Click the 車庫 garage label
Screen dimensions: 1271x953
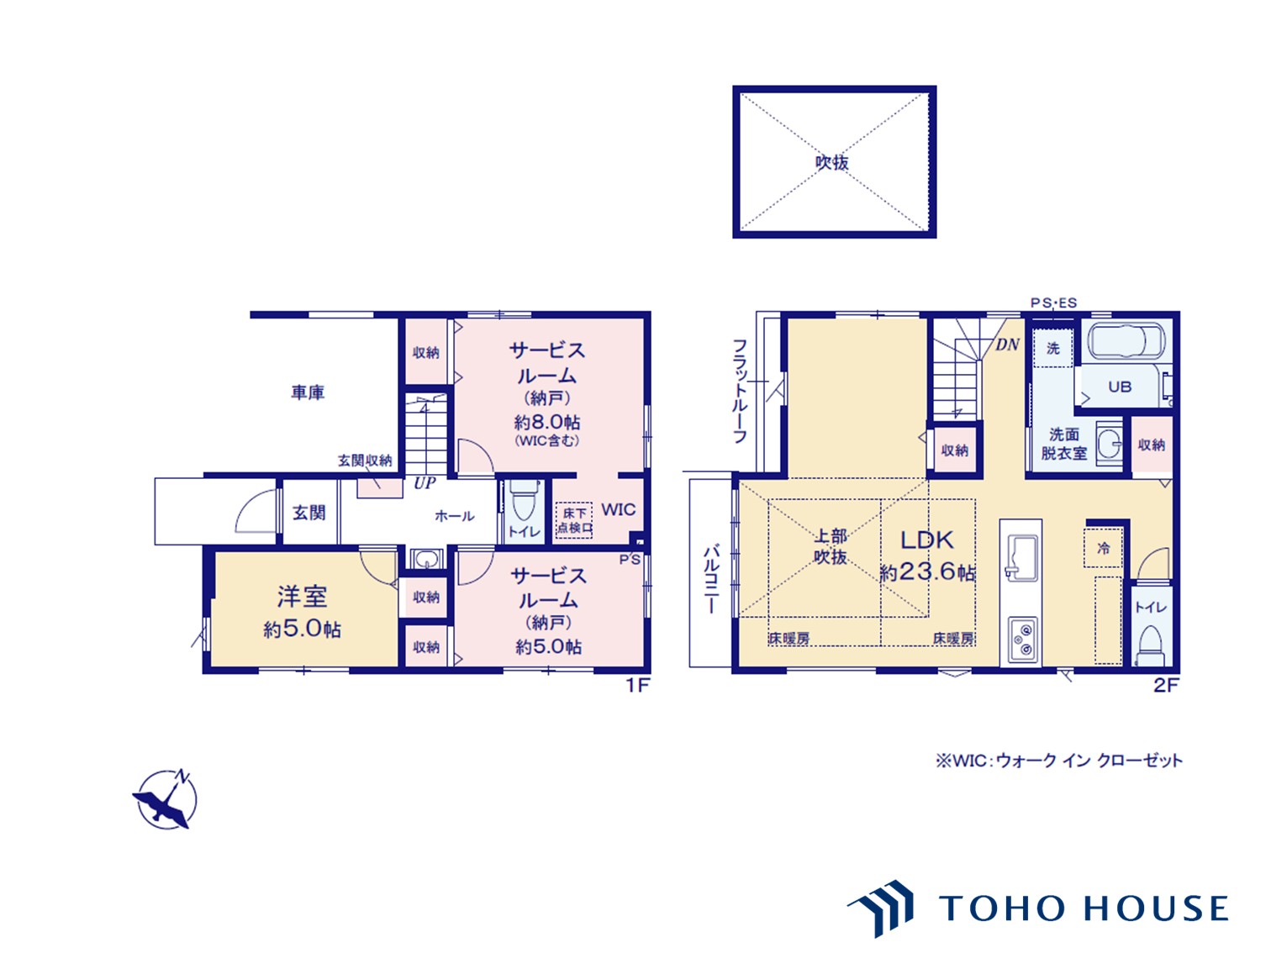(x=308, y=393)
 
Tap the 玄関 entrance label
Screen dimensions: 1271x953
(x=309, y=513)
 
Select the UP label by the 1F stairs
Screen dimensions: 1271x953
(x=425, y=483)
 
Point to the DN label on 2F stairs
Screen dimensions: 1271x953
(x=1007, y=345)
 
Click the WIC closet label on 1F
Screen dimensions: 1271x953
(x=619, y=510)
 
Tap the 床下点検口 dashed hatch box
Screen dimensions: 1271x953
(x=574, y=520)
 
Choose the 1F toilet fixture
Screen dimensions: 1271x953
(x=524, y=501)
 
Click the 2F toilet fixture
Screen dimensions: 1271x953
(x=1152, y=645)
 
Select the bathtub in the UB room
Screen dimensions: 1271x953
(x=1126, y=341)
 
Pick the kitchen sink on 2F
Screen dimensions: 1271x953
(x=1020, y=555)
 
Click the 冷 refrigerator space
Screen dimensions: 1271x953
(x=1103, y=547)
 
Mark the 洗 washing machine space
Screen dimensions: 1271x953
(x=1052, y=348)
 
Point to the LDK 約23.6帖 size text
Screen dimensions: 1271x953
(x=927, y=572)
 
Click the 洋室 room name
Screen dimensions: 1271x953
(x=303, y=597)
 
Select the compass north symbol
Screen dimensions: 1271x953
(x=166, y=800)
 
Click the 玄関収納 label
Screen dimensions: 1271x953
(x=365, y=461)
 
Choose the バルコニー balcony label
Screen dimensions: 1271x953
(x=712, y=578)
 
